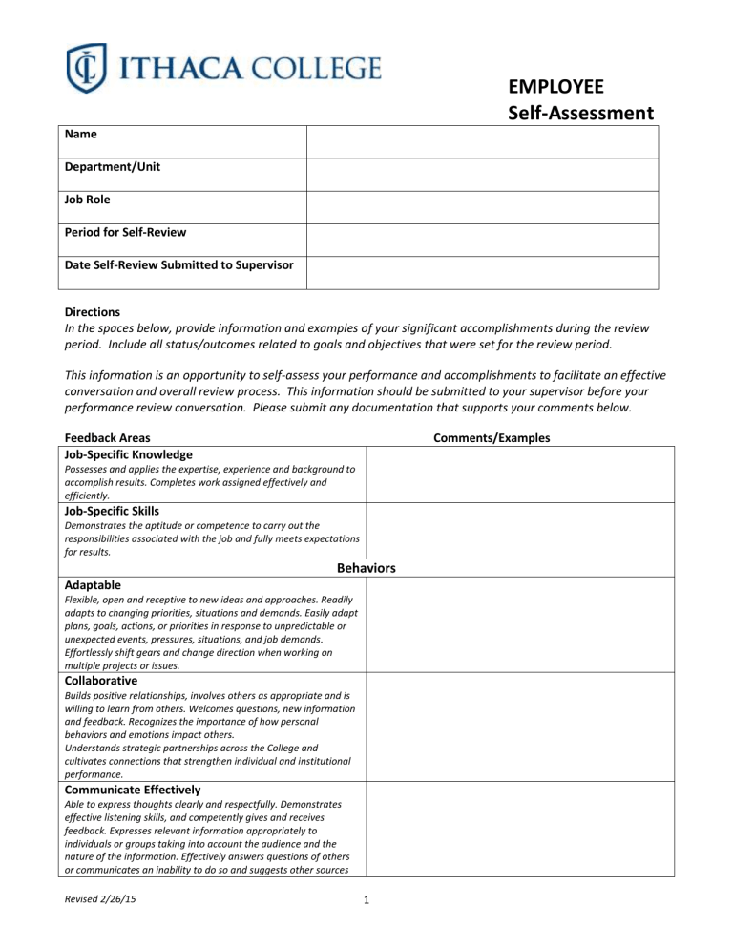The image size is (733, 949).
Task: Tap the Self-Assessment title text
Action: (x=579, y=115)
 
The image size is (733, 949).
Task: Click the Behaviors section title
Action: (x=367, y=568)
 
